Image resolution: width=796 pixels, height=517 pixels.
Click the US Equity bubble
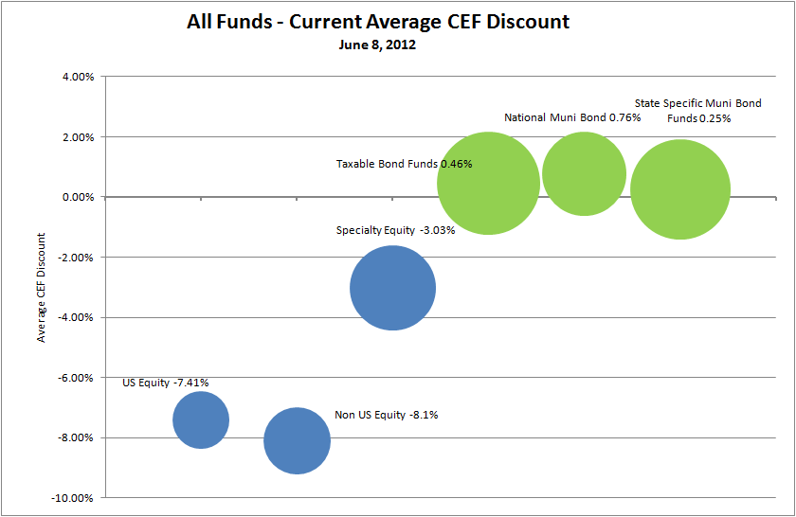pyautogui.click(x=201, y=419)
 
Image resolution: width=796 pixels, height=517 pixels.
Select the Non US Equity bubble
pyautogui.click(x=297, y=440)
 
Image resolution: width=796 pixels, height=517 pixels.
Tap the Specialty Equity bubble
pyautogui.click(x=392, y=288)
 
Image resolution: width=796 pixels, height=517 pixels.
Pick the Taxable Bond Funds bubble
pyautogui.click(x=488, y=184)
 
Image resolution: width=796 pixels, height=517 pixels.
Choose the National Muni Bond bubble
pyautogui.click(x=584, y=174)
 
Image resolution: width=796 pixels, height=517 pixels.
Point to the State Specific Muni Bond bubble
pyautogui.click(x=679, y=189)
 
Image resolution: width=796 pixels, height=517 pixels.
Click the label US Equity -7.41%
pyautogui.click(x=166, y=383)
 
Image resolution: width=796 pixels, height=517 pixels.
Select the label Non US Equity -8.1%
pyautogui.click(x=387, y=415)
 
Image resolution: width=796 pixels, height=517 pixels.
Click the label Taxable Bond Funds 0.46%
pyautogui.click(x=404, y=164)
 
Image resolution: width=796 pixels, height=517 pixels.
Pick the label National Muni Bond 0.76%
pyautogui.click(x=572, y=117)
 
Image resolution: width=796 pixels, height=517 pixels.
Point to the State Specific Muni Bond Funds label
pyautogui.click(x=697, y=111)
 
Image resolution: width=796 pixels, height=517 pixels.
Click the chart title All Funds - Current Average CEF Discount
pyautogui.click(x=378, y=22)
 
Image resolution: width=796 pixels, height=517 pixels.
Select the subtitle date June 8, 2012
pyautogui.click(x=378, y=44)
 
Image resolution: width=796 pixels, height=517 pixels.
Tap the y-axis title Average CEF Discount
pyautogui.click(x=42, y=287)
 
